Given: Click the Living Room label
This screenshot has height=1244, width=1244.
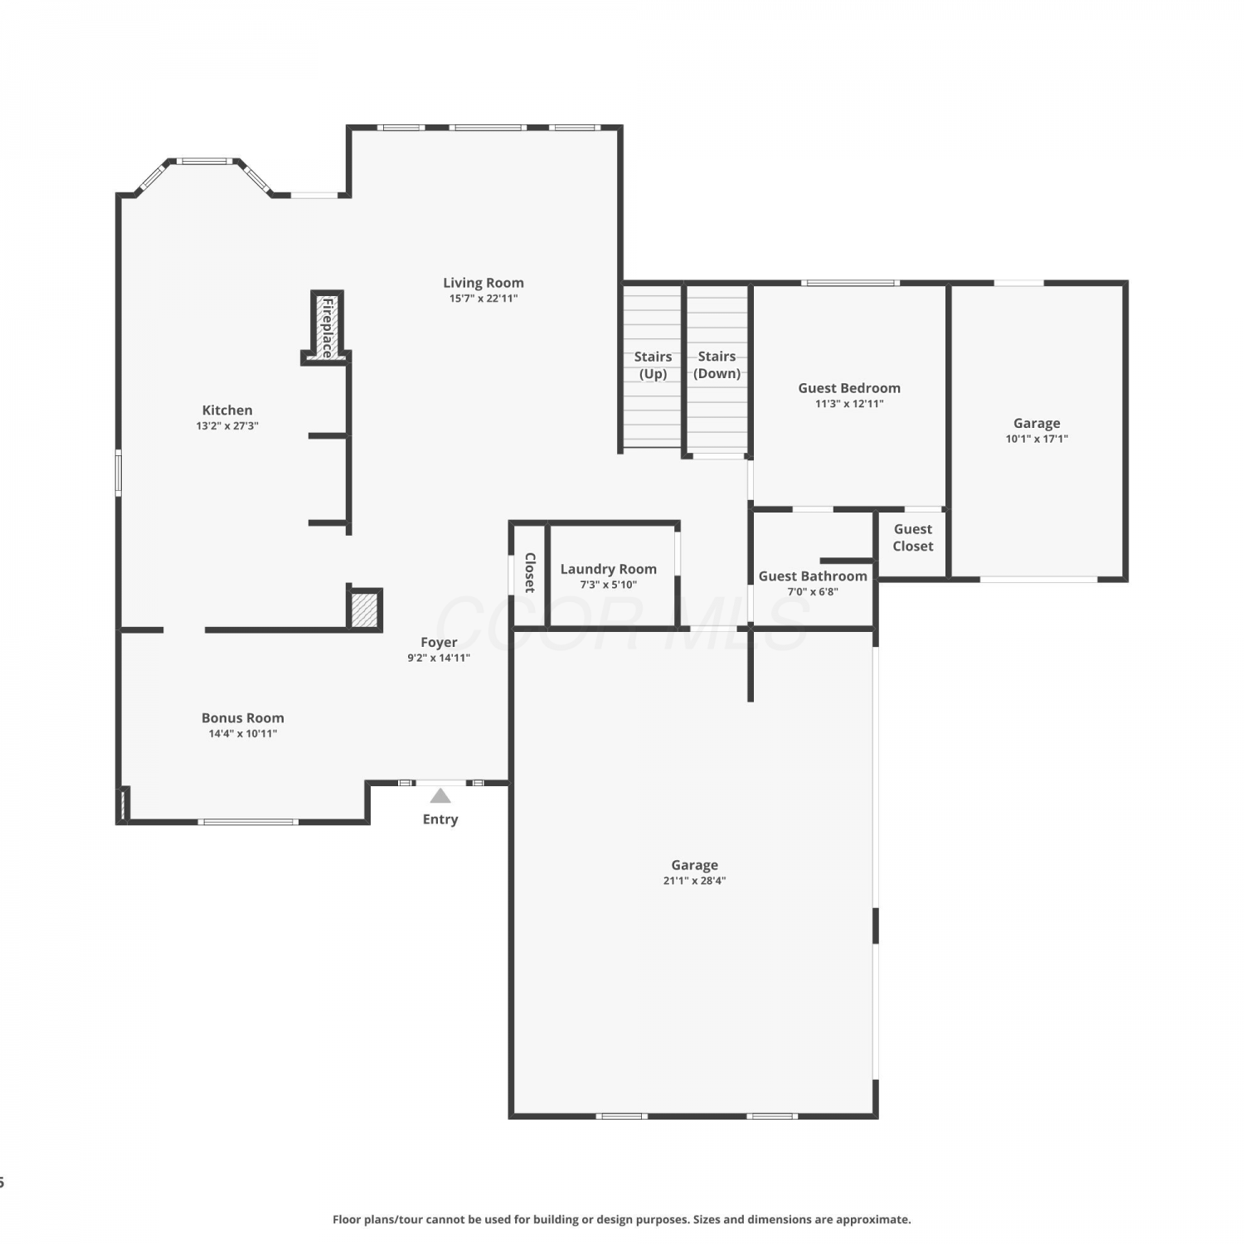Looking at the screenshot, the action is pyautogui.click(x=483, y=283).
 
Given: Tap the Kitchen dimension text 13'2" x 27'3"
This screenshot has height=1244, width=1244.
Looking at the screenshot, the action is pyautogui.click(x=227, y=425).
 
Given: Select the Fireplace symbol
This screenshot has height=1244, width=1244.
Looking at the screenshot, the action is pyautogui.click(x=327, y=327).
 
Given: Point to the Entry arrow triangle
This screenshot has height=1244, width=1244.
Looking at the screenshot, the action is pyautogui.click(x=440, y=796).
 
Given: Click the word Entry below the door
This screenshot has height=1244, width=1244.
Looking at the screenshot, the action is pyautogui.click(x=440, y=819).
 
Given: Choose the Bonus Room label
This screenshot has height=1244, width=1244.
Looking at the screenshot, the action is pyautogui.click(x=243, y=718).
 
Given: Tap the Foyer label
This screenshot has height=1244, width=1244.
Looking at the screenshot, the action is pyautogui.click(x=439, y=642).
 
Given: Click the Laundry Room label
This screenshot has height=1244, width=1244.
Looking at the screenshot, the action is pyautogui.click(x=609, y=569).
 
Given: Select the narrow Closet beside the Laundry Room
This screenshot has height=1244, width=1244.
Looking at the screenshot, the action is pyautogui.click(x=529, y=573).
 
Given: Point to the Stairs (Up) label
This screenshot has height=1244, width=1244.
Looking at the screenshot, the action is pyautogui.click(x=653, y=365).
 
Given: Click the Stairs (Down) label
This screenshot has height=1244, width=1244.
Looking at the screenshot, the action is pyautogui.click(x=717, y=365).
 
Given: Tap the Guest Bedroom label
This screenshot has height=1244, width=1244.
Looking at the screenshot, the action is pyautogui.click(x=849, y=388).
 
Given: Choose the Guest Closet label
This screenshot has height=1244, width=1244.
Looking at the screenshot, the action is pyautogui.click(x=913, y=537).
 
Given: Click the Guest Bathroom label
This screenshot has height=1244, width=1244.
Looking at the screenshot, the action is pyautogui.click(x=813, y=576).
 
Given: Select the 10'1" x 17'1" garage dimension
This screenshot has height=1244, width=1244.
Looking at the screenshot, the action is pyautogui.click(x=1037, y=439).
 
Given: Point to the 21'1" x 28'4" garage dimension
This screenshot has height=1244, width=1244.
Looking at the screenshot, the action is pyautogui.click(x=694, y=881).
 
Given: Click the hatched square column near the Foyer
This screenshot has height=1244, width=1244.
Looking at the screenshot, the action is pyautogui.click(x=364, y=610).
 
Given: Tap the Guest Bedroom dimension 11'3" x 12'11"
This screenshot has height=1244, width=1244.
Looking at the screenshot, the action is pyautogui.click(x=849, y=404).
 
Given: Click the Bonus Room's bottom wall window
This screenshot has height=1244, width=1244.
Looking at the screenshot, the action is pyautogui.click(x=248, y=822).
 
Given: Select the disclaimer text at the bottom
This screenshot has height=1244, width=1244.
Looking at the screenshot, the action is pyautogui.click(x=622, y=1219).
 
